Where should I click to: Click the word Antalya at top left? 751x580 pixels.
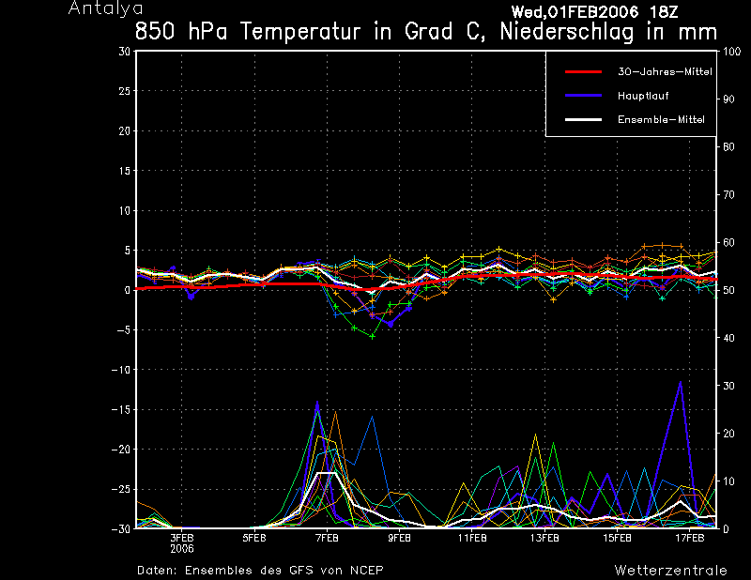100,8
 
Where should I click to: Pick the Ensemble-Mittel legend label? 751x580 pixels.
661,119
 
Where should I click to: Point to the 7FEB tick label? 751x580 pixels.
327,538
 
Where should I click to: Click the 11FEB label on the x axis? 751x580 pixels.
472,538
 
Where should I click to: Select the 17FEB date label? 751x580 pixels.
690,538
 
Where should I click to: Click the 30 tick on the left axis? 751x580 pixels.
125,52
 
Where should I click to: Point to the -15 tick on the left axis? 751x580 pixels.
121,409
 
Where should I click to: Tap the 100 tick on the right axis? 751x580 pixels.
728,52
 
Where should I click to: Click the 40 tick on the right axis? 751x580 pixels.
726,338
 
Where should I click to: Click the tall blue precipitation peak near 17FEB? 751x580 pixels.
681,382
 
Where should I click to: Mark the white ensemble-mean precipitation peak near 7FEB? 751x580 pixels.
327,473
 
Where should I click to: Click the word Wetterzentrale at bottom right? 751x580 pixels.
670,570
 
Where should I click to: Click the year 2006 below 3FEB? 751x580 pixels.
182,548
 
